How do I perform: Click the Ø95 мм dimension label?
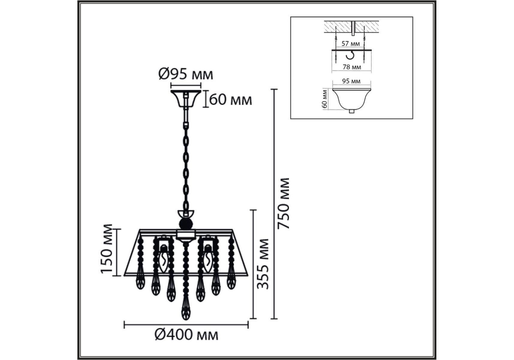click(x=186, y=74)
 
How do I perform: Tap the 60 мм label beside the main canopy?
click(x=230, y=100)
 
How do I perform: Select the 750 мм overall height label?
click(x=283, y=204)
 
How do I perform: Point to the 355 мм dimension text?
click(x=263, y=264)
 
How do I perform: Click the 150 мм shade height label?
click(x=106, y=249)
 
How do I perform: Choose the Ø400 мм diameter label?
click(x=186, y=334)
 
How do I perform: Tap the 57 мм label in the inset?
click(x=351, y=43)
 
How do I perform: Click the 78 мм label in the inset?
click(x=352, y=67)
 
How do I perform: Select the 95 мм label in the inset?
click(x=351, y=81)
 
